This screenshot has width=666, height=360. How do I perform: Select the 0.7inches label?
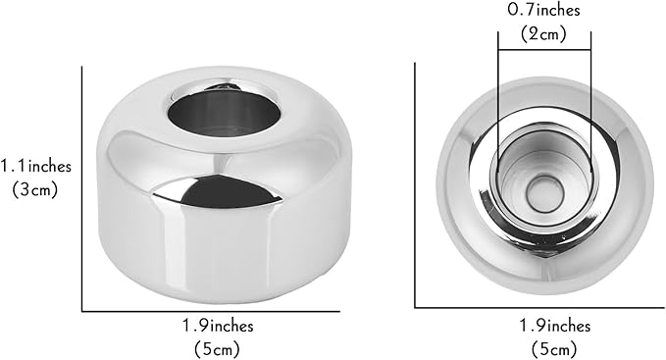(543, 12)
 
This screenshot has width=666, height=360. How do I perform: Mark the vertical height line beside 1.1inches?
(82, 186)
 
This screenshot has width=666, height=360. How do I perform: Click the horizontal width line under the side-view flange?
(216, 311)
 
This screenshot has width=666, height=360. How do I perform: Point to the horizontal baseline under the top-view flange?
(539, 306)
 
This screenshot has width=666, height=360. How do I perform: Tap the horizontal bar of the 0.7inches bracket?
(543, 49)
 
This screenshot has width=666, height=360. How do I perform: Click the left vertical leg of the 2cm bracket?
(497, 108)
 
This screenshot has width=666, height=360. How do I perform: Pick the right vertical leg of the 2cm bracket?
(590, 108)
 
